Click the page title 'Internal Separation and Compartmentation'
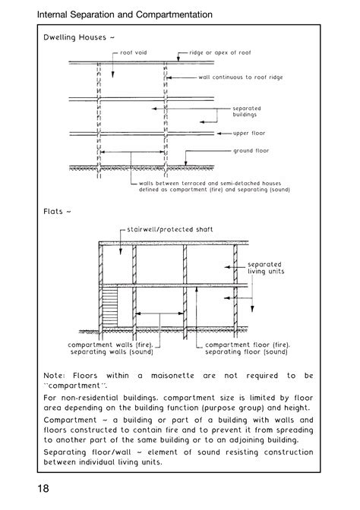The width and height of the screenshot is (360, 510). pos(125,14)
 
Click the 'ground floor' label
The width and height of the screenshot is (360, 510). pos(251,150)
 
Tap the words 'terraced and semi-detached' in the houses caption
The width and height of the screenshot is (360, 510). pos(220,183)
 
